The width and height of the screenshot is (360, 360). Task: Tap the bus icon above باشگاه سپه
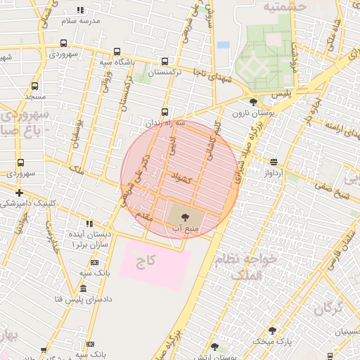coord(117,51)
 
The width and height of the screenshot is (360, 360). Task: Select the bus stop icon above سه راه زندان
coord(165,111)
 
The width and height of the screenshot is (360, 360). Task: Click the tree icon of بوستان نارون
coord(253,102)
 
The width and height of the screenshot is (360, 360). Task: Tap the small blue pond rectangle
coord(223,45)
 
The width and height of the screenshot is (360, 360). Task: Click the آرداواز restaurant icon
coord(274,162)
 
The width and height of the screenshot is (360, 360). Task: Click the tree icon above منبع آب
coord(185,217)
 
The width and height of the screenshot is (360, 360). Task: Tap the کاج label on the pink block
coord(146,261)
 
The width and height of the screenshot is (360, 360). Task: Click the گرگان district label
coord(328,308)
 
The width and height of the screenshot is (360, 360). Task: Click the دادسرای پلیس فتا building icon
coord(83,289)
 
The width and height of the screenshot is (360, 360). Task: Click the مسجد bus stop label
coord(34,95)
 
